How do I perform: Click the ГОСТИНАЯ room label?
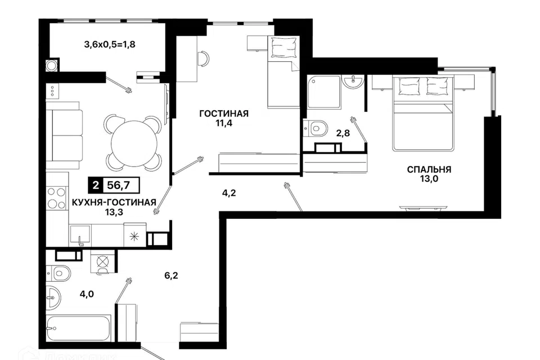(x=224, y=113)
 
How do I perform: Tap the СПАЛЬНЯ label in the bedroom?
(x=429, y=169)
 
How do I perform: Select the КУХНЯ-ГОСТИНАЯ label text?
(x=114, y=202)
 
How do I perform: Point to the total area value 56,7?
(x=118, y=185)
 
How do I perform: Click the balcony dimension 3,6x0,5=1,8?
(x=110, y=44)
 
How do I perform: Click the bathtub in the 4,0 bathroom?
(x=79, y=328)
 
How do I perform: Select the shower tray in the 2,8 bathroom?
(x=324, y=92)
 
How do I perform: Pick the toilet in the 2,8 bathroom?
(x=316, y=128)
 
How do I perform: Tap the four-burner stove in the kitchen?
(x=57, y=198)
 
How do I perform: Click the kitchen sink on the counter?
(x=80, y=235)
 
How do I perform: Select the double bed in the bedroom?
(x=422, y=113)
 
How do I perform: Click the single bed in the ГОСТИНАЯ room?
(x=283, y=73)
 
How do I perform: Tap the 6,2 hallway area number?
(x=171, y=276)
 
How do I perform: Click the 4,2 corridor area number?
(x=229, y=193)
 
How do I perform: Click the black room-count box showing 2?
(x=96, y=185)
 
